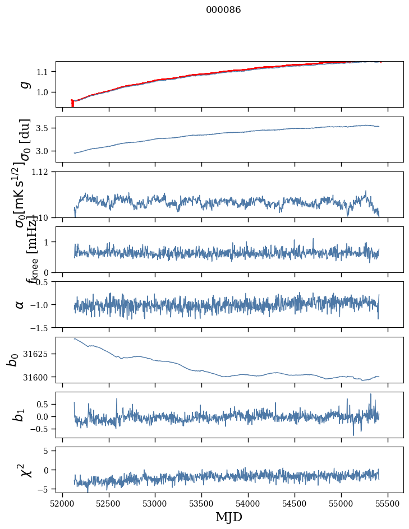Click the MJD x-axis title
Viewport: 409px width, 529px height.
[229, 517]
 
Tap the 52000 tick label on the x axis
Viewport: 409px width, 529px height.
[62, 503]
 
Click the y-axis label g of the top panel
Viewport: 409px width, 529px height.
[24, 84]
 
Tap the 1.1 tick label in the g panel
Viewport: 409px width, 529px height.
[44, 72]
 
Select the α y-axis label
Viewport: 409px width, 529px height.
[20, 304]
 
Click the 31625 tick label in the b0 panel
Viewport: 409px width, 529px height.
[38, 354]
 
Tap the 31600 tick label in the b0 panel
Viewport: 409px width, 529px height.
[38, 377]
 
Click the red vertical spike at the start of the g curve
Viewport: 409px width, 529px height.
[72, 104]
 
